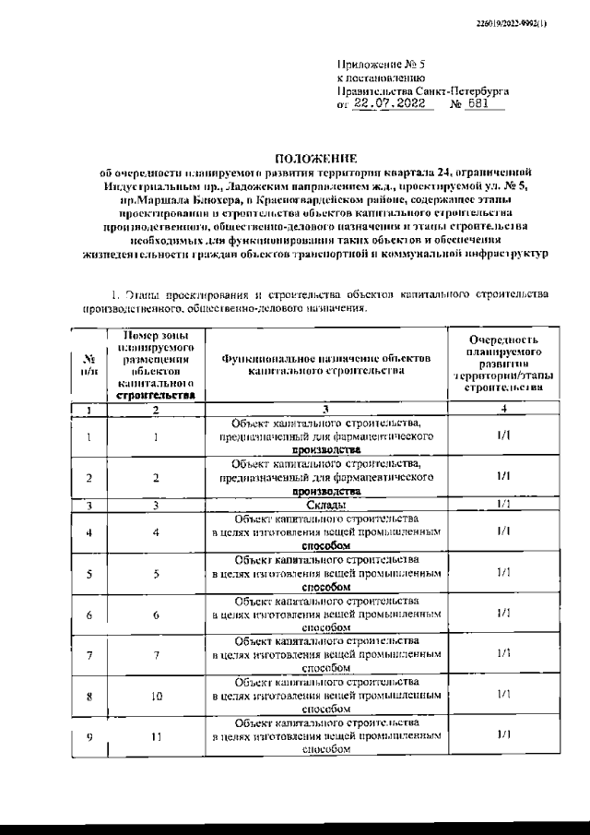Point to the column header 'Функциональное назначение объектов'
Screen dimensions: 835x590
(325, 363)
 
